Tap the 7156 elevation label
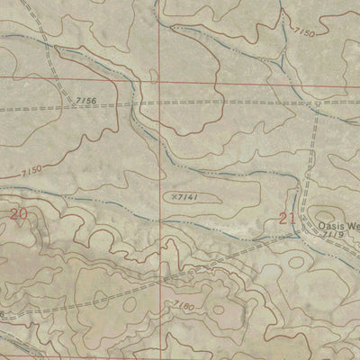pyautogui.click(x=87, y=101)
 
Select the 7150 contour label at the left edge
pyautogui.click(x=31, y=169)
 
